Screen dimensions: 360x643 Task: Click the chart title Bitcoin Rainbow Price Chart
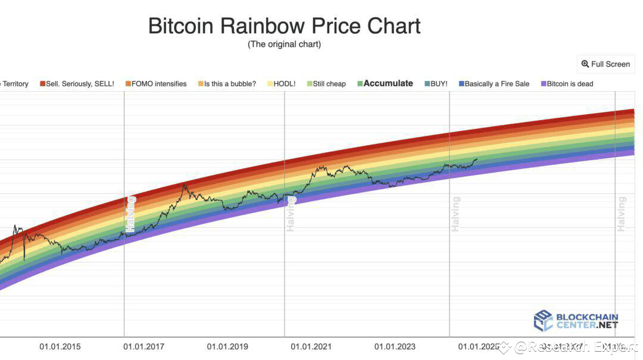pyautogui.click(x=284, y=26)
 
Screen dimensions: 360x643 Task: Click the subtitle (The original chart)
pyautogui.click(x=284, y=45)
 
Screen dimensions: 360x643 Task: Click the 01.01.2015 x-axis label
pyautogui.click(x=60, y=346)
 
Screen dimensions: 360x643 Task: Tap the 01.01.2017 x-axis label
pyautogui.click(x=143, y=346)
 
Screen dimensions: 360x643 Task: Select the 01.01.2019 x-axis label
pyautogui.click(x=227, y=346)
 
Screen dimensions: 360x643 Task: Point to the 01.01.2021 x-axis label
pyautogui.click(x=311, y=346)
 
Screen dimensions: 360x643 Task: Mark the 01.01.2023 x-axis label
pyautogui.click(x=395, y=346)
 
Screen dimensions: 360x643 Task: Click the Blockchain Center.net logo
pyautogui.click(x=576, y=321)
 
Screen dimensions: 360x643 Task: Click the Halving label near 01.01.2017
pyautogui.click(x=131, y=214)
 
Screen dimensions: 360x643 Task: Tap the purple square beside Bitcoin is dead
pyautogui.click(x=543, y=84)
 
